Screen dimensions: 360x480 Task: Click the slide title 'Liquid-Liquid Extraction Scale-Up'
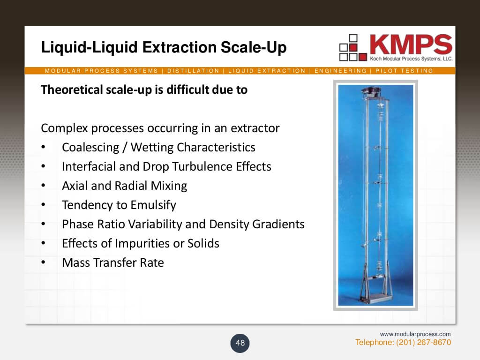click(x=164, y=47)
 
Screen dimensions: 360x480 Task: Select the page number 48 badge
click(x=240, y=343)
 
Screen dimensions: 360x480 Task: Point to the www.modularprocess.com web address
click(x=415, y=334)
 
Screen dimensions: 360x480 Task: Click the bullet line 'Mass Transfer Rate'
click(x=113, y=262)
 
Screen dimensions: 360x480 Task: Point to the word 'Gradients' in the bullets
click(x=278, y=224)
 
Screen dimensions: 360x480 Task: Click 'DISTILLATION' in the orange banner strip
click(x=193, y=71)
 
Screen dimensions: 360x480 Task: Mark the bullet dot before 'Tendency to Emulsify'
click(x=43, y=205)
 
